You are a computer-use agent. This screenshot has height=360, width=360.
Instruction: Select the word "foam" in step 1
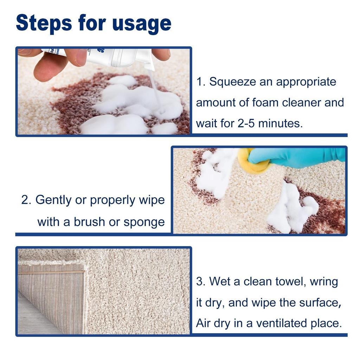pos(266,103)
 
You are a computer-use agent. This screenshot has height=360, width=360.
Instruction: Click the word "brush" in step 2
pos(89,222)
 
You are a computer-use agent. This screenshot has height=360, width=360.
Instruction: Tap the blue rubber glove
pos(299,157)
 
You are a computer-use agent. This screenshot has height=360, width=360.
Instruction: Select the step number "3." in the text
pos(200,282)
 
